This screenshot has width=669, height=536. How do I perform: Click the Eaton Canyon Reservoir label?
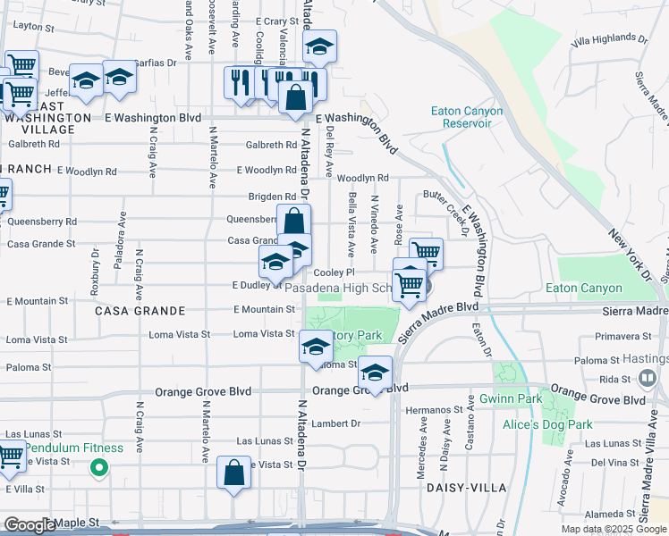pos(467,117)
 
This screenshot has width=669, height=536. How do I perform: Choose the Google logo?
pos(30,525)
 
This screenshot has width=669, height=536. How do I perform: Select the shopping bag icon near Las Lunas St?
pos(233,473)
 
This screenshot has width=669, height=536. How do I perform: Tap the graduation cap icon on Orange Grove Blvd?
pos(376,372)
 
